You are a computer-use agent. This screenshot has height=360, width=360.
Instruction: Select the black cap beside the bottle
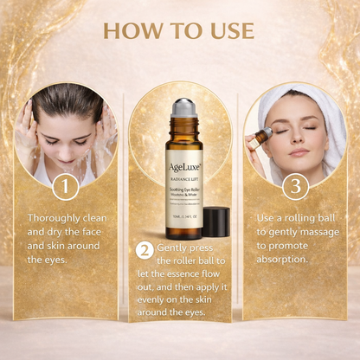[215, 222]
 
